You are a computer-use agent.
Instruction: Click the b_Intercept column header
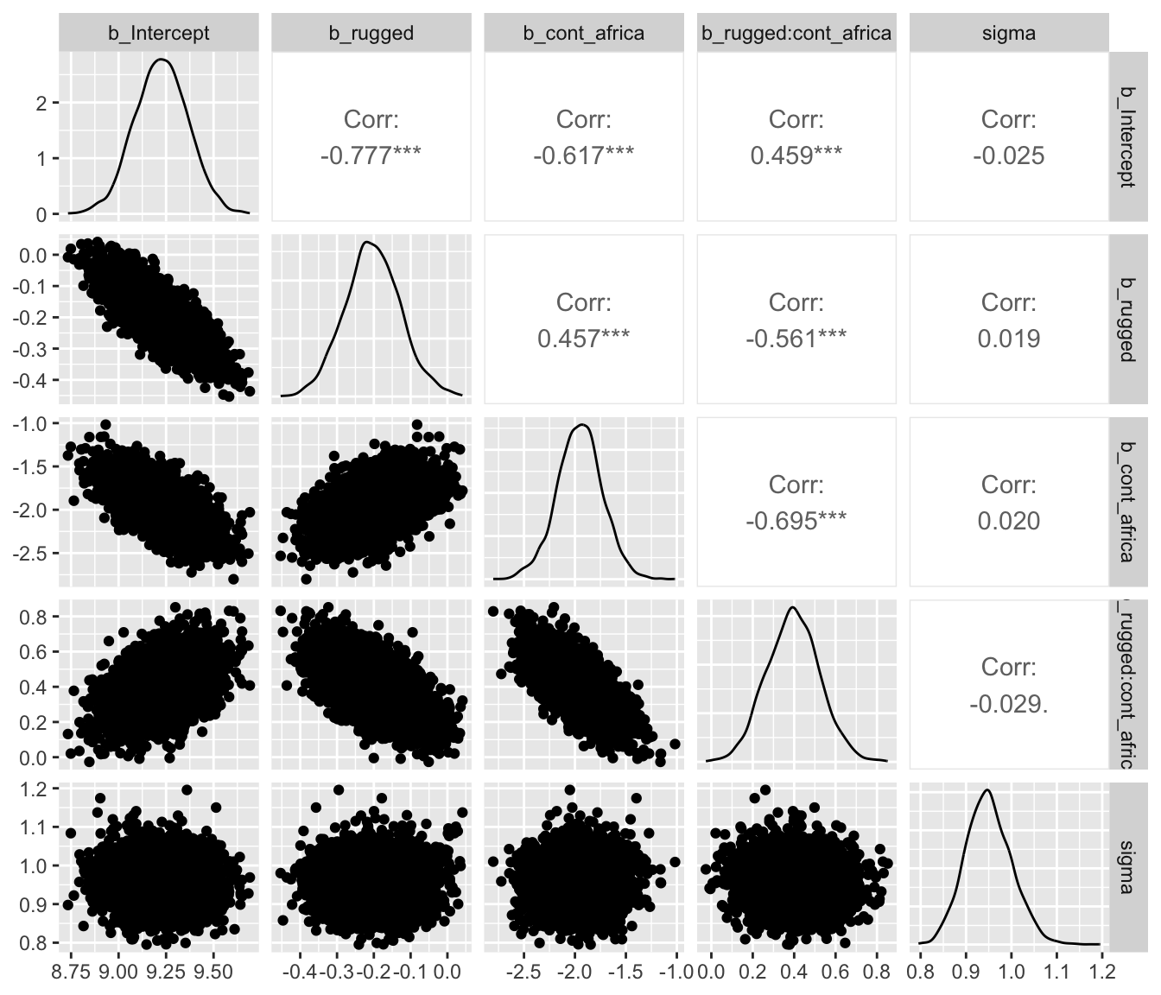[x=159, y=34]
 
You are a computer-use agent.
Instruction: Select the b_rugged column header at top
[x=371, y=34]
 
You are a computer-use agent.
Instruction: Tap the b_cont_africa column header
[x=584, y=34]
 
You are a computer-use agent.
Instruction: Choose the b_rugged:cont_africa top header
[x=796, y=34]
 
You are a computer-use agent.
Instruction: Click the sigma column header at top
[x=1009, y=34]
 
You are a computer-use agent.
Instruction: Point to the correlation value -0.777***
[x=371, y=155]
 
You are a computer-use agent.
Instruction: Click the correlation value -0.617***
[x=583, y=155]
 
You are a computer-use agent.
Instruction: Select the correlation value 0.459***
[x=796, y=155]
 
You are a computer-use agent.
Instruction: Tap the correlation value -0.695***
[x=796, y=521]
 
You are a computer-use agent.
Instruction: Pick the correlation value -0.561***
[x=796, y=339]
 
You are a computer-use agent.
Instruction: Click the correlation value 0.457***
[x=583, y=339]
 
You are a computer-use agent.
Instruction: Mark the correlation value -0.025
[x=1008, y=155]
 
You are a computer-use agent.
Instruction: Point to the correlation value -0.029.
[x=1008, y=704]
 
